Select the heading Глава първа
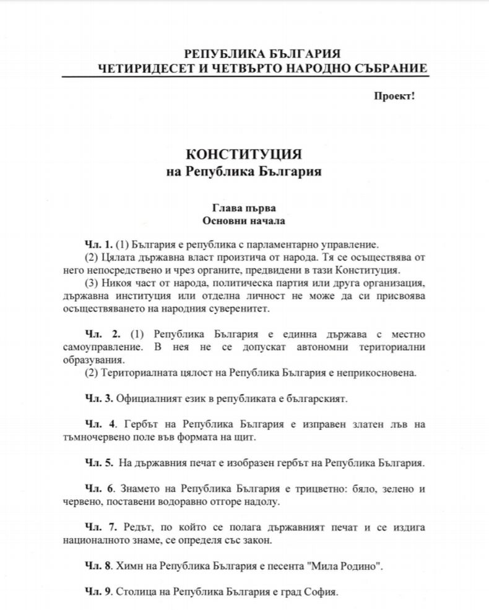(244, 207)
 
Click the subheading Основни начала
(244, 220)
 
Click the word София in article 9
(323, 592)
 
